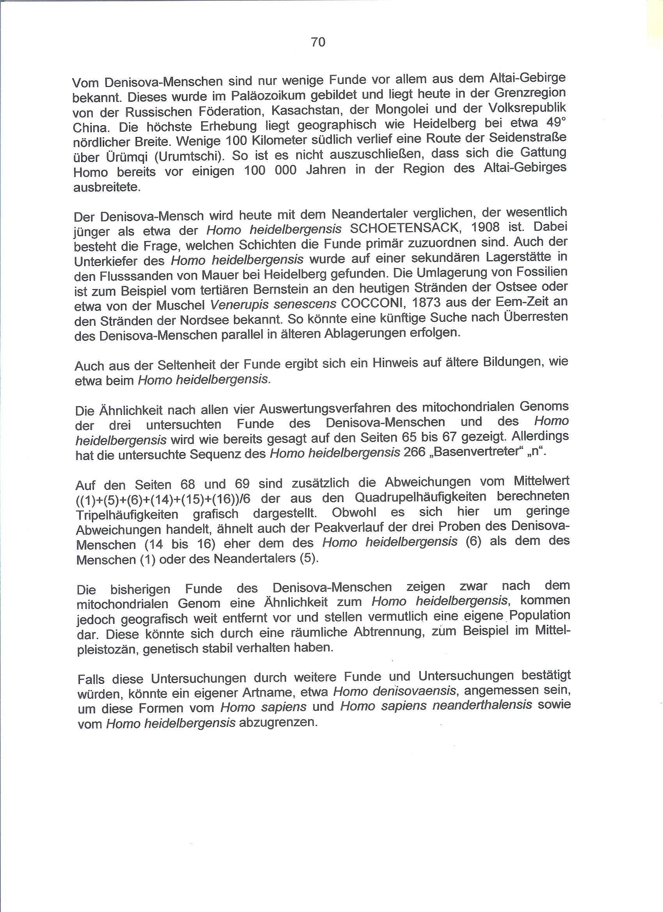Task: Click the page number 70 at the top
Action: point(317,42)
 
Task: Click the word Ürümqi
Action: point(91,157)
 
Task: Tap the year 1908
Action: point(486,227)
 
